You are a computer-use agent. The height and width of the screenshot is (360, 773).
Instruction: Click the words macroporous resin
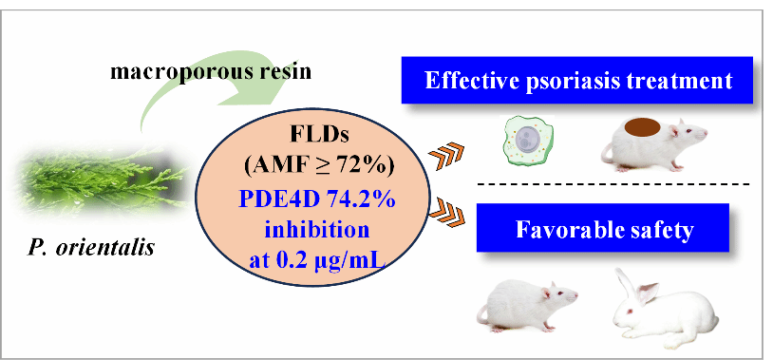(211, 72)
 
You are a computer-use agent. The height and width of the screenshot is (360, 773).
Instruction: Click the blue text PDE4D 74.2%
(317, 199)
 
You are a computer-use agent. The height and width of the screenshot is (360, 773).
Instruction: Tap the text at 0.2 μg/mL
(316, 260)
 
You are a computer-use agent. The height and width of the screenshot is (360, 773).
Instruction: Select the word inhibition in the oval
(316, 230)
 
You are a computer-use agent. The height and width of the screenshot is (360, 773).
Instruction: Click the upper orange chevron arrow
(447, 156)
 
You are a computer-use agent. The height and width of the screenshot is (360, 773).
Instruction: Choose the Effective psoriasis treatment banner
(576, 81)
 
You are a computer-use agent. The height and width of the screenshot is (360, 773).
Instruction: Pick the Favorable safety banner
(602, 228)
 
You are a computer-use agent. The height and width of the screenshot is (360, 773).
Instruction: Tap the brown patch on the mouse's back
(642, 126)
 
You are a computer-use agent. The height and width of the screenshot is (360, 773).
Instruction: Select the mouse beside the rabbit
(526, 305)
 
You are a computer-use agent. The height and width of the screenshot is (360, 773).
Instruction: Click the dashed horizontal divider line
(613, 184)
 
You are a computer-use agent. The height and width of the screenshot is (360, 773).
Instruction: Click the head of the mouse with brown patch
(688, 132)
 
